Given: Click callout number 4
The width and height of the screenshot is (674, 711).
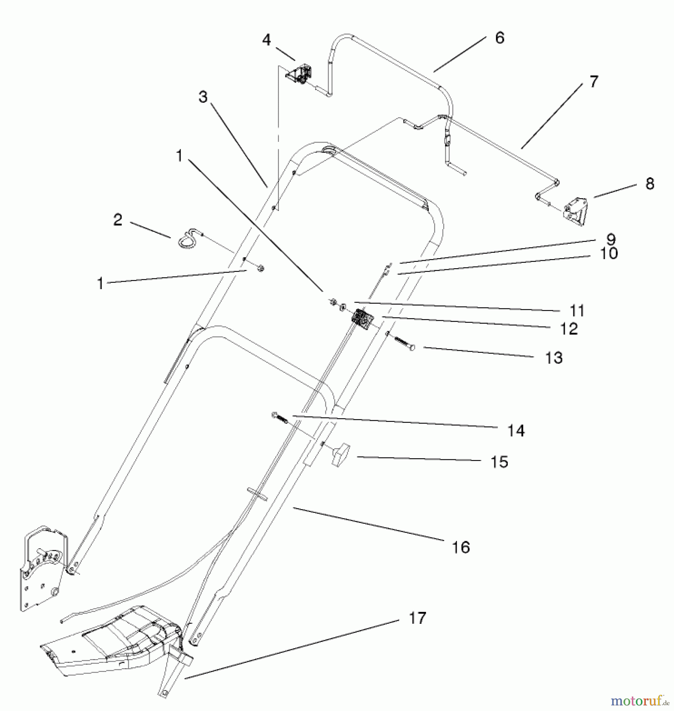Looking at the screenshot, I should [x=267, y=40].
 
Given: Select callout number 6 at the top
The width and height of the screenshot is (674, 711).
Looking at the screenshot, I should [x=499, y=38].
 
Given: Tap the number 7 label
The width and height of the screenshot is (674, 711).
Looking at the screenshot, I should [x=594, y=81].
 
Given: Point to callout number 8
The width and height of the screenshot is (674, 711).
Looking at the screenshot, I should [x=650, y=184].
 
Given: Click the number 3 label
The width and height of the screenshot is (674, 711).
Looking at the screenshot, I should [x=203, y=97].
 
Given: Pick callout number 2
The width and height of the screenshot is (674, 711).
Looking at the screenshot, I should [x=118, y=220].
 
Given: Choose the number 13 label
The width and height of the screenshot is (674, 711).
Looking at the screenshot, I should [x=554, y=358].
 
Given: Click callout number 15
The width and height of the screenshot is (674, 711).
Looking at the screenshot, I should [x=499, y=462].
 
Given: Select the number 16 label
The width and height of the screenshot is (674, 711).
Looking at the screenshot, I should [x=461, y=547].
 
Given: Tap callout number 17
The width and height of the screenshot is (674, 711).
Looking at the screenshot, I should [x=417, y=618].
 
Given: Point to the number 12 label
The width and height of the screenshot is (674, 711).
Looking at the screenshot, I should [x=569, y=329].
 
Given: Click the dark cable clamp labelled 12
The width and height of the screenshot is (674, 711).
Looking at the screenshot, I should [x=361, y=318].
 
